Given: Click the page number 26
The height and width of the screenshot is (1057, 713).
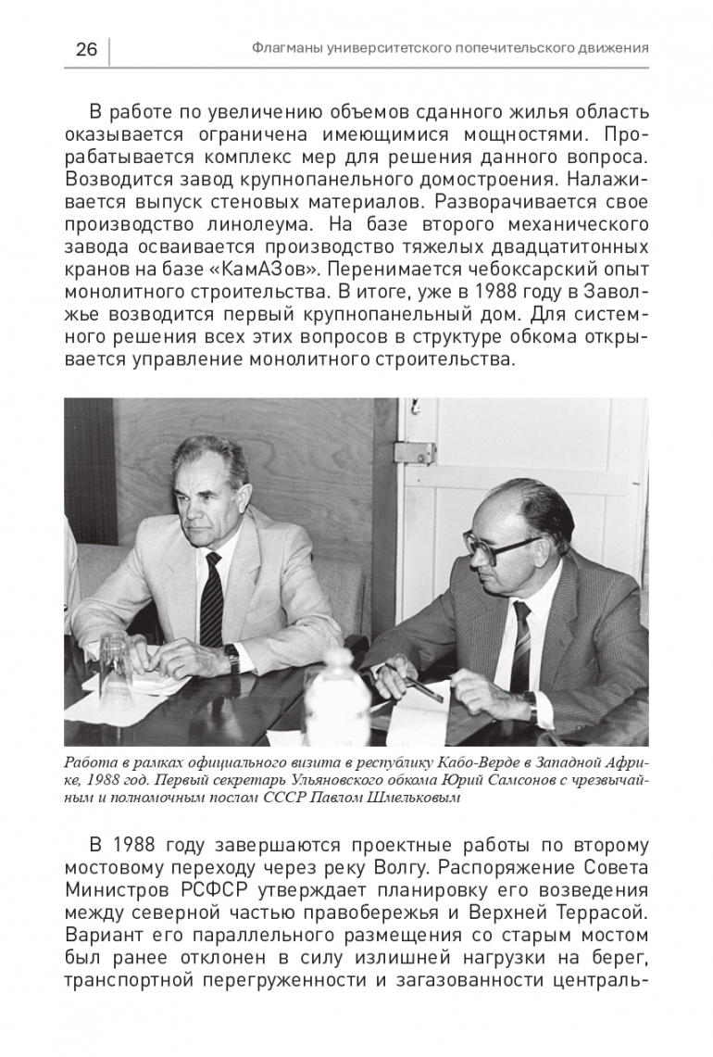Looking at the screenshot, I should [86, 49].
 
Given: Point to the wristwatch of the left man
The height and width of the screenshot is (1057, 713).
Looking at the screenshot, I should [233, 658].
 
